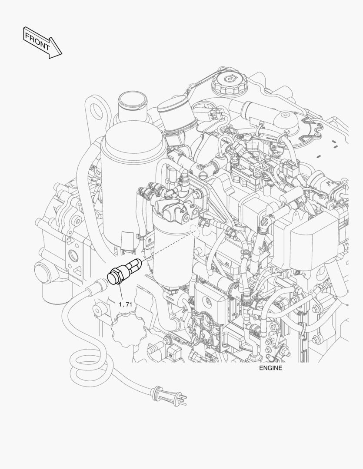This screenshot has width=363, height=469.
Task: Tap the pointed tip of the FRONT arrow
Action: coord(62,54)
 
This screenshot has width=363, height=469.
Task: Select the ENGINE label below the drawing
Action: coord(270,368)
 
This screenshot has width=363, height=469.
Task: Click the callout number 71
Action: coord(129,304)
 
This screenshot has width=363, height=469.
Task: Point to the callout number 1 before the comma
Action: coord(120,304)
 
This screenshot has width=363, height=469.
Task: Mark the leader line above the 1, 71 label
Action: coord(120,293)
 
